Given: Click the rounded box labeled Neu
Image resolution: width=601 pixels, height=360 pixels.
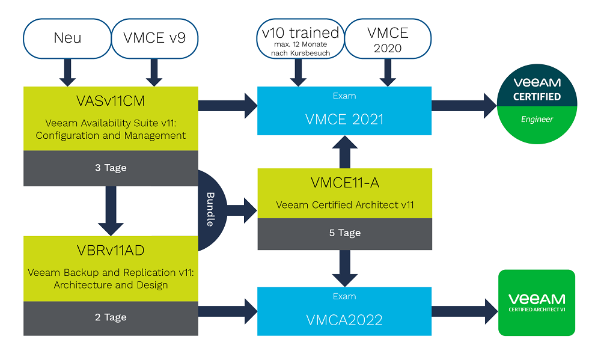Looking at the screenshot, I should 67,38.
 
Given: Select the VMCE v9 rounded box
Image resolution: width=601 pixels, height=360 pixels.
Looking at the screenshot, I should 154,38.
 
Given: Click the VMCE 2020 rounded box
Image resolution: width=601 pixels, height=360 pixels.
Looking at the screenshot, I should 388,38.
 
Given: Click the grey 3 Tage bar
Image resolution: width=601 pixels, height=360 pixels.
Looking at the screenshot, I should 111,168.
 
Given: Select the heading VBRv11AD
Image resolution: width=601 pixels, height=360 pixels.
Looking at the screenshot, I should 111,250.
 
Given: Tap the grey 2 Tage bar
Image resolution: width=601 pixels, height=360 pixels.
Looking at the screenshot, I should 111,317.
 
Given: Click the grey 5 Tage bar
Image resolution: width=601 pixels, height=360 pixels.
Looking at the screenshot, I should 345,233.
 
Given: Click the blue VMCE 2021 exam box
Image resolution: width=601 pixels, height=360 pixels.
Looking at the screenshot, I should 344,114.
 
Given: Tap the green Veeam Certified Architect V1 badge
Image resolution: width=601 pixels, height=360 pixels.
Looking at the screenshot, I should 537,302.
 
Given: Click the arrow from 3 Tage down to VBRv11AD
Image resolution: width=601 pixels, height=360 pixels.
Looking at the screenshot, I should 111,210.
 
